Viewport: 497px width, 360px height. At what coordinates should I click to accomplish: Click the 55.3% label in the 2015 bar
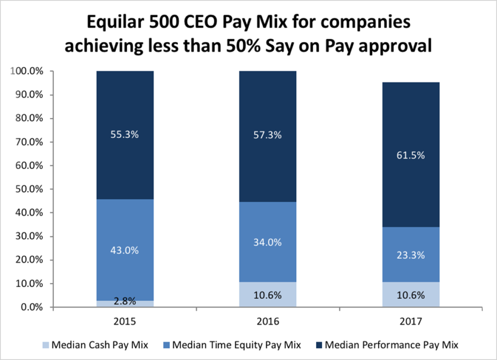point(125,135)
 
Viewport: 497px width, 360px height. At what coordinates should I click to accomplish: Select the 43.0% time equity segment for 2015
point(125,250)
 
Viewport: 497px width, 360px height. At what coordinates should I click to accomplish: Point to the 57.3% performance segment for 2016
point(268,135)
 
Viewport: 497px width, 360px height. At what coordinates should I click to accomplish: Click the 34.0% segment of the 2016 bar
point(268,242)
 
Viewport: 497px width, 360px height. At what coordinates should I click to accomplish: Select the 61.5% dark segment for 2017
point(411,156)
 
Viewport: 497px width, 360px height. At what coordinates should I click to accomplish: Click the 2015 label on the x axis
point(125,321)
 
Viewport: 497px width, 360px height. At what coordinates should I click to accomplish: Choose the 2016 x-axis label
point(268,321)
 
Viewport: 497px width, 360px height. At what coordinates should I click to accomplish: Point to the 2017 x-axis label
point(411,321)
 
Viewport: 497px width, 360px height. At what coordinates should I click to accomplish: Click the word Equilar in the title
point(115,23)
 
